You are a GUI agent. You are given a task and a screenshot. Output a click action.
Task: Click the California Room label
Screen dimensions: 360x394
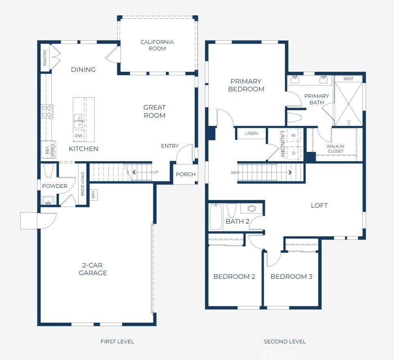pos(157,45)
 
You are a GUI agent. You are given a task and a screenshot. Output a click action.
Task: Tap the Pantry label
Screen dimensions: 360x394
pos(45,58)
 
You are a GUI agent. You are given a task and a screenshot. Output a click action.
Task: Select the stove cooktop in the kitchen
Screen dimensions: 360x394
pos(47,111)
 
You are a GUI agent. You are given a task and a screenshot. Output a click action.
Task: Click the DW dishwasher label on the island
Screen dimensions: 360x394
pos(79,136)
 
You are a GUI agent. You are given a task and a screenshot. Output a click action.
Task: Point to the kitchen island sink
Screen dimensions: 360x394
pos(79,121)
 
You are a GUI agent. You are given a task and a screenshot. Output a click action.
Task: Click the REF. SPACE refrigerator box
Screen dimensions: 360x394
pos(47,149)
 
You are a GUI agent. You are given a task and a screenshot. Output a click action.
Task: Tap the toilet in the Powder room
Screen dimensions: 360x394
pos(48,171)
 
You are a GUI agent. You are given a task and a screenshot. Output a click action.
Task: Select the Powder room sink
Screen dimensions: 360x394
pos(48,200)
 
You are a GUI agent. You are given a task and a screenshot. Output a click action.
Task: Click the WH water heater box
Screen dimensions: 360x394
pos(93,195)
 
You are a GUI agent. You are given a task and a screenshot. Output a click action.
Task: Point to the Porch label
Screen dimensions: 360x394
pos(185,175)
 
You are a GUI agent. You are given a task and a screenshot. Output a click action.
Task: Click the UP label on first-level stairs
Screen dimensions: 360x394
pos(156,172)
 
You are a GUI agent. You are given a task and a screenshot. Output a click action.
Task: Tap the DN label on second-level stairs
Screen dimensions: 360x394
pos(234,172)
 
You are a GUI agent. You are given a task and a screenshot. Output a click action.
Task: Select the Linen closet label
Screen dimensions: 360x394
pos(252,134)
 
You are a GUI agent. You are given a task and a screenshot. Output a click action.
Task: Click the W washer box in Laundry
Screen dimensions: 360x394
pos(293,135)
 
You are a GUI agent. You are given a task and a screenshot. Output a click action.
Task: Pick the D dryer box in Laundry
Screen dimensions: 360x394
pos(293,153)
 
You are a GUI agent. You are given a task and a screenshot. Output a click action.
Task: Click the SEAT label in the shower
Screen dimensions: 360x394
pos(348,79)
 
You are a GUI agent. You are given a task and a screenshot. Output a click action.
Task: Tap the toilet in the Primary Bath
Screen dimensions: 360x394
pos(295,118)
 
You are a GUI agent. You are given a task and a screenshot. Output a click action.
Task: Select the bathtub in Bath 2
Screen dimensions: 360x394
pos(215,217)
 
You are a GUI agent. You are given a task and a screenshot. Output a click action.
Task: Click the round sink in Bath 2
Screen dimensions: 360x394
pos(252,209)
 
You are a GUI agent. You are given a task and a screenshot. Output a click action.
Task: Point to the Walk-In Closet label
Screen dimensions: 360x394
pos(335,149)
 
